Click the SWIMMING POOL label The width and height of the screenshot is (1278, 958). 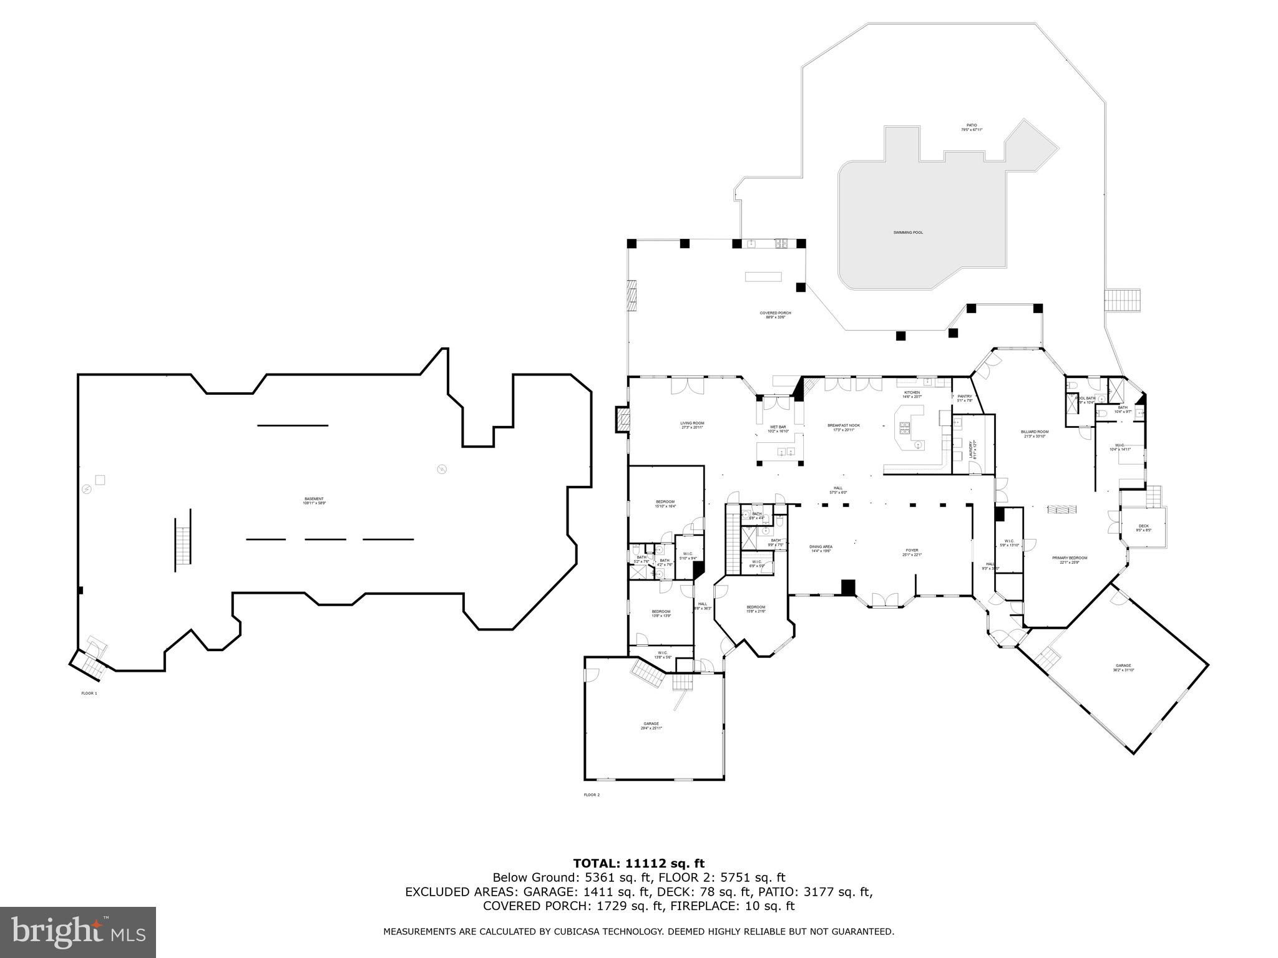[x=907, y=233]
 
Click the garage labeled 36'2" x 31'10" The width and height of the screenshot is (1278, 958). [x=1123, y=667]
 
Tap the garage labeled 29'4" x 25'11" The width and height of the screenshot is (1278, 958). [x=651, y=725]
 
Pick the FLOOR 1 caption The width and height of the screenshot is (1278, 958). [x=89, y=693]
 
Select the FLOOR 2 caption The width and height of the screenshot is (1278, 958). [x=592, y=795]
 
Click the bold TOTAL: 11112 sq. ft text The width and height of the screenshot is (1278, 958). [x=638, y=864]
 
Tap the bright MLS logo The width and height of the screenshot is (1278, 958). [x=78, y=932]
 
